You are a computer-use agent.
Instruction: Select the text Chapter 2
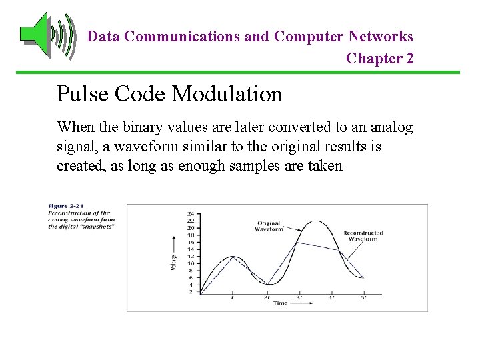coord(379,59)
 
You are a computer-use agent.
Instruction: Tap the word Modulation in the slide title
coord(227,94)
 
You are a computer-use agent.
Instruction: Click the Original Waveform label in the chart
coord(269,226)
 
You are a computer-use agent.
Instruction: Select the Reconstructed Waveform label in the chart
coord(363,236)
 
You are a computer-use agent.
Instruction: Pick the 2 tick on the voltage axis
coord(191,291)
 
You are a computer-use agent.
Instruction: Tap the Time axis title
coord(281,303)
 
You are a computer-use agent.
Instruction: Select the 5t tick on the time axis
coord(363,297)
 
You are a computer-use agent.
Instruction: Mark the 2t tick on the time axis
coord(266,297)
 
